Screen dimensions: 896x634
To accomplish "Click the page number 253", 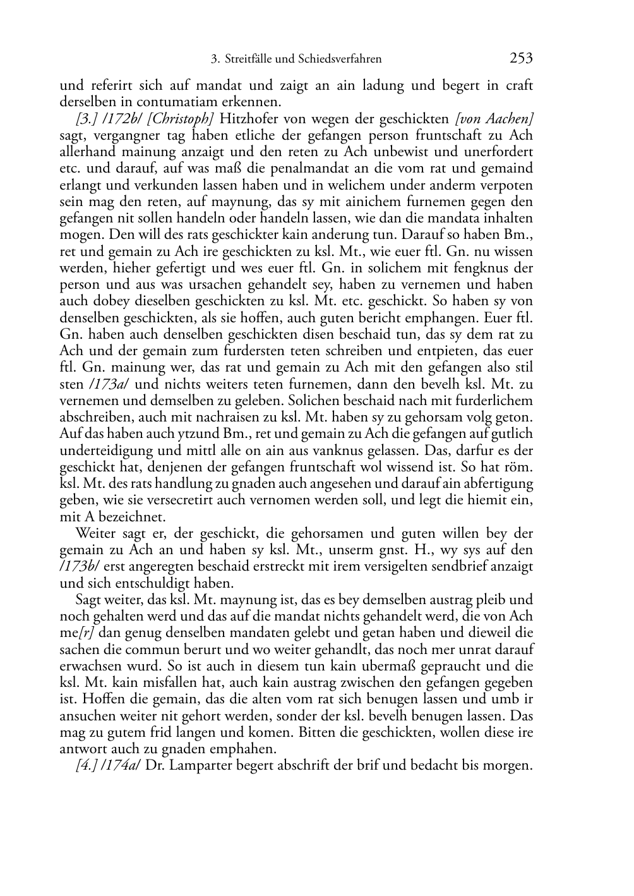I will [x=521, y=59].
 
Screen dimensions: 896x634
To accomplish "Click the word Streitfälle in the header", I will [x=248, y=59].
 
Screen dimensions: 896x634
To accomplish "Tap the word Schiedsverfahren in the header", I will [x=342, y=59].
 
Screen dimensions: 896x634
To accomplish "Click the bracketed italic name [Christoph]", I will [x=180, y=119].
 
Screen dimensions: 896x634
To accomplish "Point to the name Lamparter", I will [x=195, y=766].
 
